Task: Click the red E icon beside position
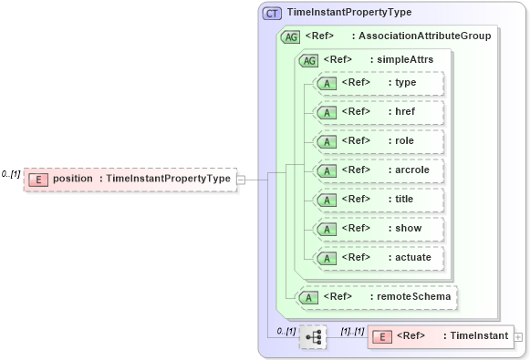[38, 179]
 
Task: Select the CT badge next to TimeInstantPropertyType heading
[272, 13]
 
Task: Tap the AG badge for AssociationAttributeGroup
[292, 36]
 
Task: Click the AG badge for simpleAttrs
[309, 59]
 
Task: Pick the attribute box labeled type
[378, 83]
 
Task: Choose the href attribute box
[378, 112]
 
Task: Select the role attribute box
[378, 141]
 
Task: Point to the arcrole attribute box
[378, 170]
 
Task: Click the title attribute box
[378, 200]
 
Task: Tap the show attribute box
[378, 229]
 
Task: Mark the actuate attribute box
[378, 258]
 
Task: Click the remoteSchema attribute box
[378, 296]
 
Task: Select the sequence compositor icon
[313, 337]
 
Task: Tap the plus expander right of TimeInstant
[519, 337]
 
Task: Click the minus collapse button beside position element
[241, 180]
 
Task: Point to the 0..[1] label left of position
[11, 173]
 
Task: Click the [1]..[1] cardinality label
[352, 331]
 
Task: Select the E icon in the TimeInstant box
[384, 337]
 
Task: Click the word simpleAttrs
[401, 59]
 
